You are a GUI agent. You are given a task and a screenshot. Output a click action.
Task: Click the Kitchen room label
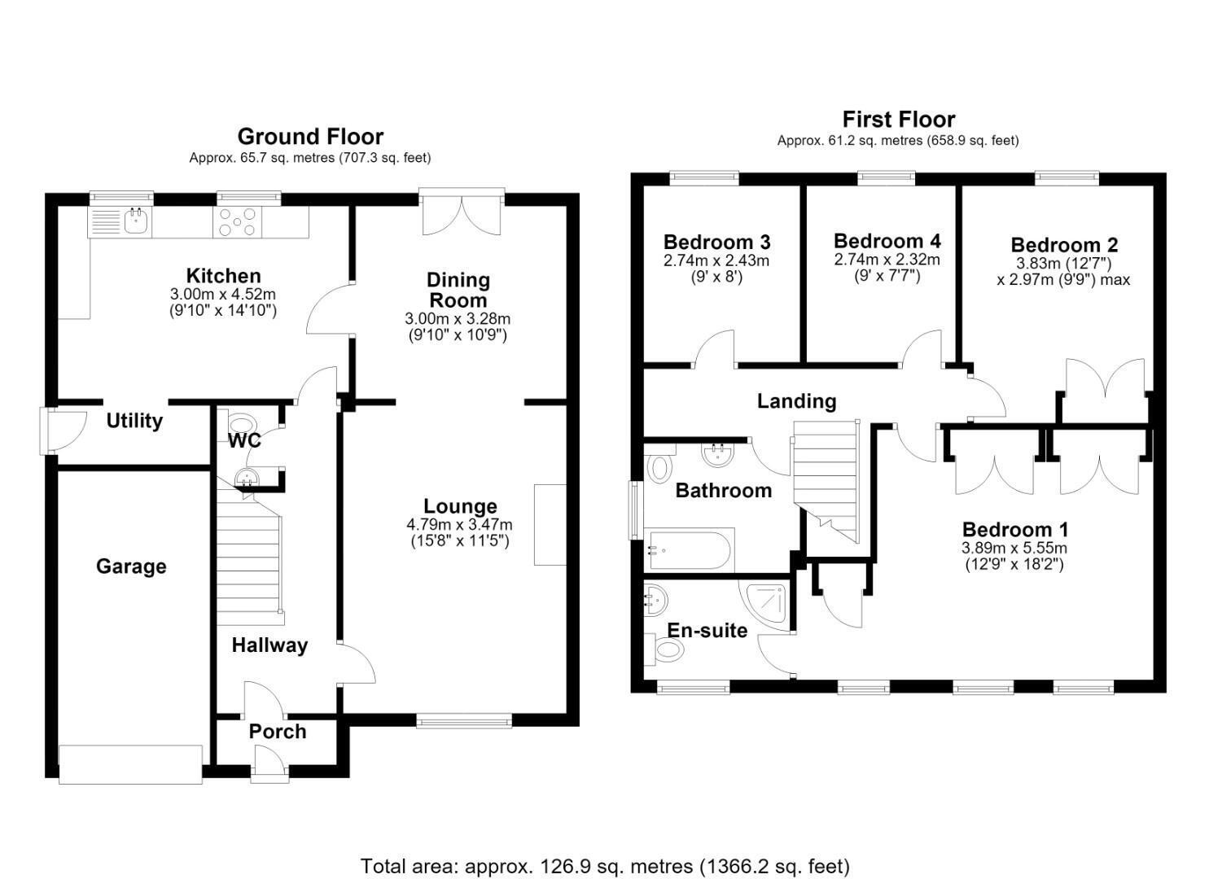223,276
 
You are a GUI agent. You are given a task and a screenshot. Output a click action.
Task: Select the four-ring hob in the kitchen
238,222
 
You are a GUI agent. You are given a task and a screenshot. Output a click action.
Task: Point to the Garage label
131,566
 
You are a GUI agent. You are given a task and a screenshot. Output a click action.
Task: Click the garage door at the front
130,764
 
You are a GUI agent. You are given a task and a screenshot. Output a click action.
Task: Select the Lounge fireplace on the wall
550,525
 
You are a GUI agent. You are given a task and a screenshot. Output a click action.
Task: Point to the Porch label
278,732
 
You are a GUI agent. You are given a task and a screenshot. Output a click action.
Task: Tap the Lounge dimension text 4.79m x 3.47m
459,524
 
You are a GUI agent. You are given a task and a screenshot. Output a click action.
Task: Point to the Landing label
797,401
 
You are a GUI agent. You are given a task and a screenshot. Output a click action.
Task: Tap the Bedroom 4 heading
887,241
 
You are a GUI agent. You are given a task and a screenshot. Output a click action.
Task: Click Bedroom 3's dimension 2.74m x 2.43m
716,261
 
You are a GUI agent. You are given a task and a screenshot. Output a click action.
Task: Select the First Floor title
899,119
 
